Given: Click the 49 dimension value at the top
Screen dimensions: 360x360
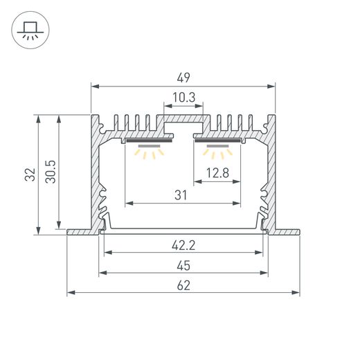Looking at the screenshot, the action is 183,78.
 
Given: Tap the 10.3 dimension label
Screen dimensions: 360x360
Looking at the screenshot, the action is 184,98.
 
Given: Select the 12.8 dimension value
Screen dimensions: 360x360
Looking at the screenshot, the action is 217,173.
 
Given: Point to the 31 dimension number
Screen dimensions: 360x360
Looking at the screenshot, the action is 181,195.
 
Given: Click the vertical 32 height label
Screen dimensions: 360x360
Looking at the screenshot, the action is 30,174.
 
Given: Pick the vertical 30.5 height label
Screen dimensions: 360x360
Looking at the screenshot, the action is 51,172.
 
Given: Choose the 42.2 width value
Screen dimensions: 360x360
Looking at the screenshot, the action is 183,245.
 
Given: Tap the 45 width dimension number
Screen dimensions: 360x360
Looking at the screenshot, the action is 183,266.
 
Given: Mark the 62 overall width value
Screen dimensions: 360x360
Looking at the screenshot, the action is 183,285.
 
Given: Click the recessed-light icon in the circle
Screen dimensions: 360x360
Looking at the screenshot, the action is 30,30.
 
